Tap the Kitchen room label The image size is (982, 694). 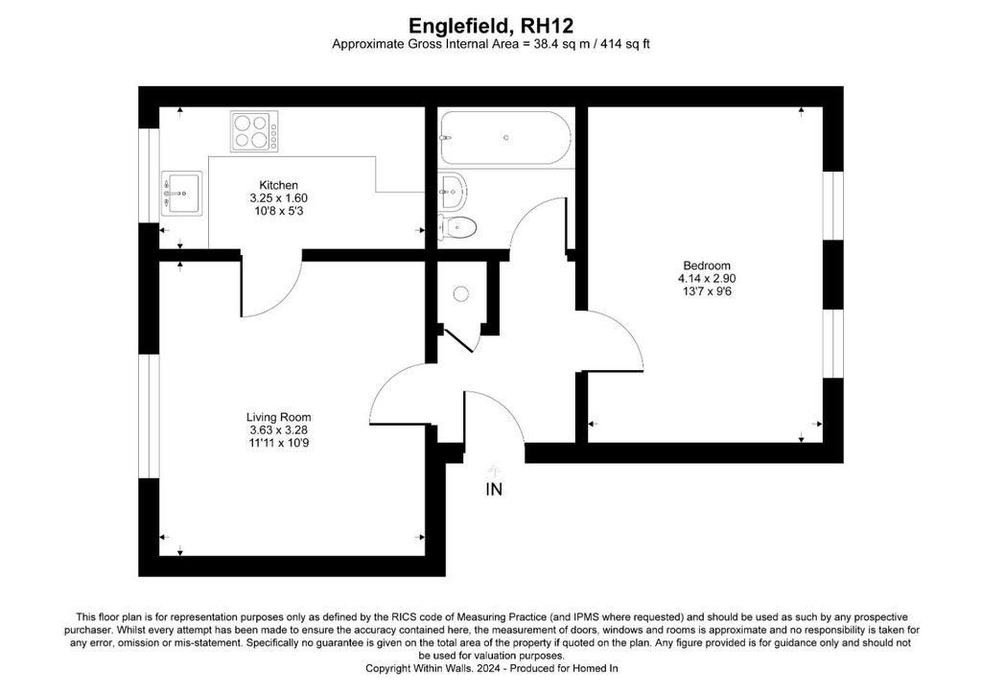coord(278,185)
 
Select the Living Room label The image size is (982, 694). coord(278,417)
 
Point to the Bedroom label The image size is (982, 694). coord(706,266)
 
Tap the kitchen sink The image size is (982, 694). coord(181,194)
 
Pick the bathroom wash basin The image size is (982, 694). coord(452,189)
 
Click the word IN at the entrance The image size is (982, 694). coord(494,490)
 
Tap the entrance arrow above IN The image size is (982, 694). coord(494,469)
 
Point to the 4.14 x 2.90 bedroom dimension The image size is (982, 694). coord(706,279)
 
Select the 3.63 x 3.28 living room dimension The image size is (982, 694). coord(278,430)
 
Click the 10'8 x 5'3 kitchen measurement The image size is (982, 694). coord(278,212)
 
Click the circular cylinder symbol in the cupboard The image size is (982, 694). coord(461,293)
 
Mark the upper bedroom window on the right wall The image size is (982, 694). coord(832,205)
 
